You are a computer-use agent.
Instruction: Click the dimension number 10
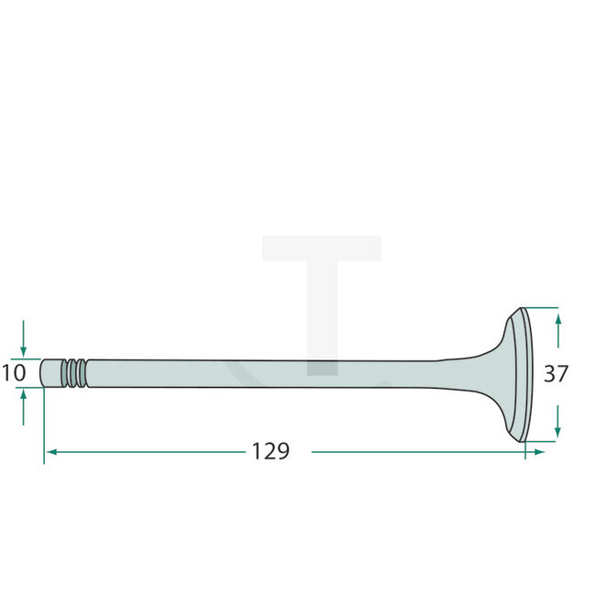tap(13, 373)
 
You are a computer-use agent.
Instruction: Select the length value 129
tap(270, 451)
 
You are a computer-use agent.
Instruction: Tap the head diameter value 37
tap(556, 374)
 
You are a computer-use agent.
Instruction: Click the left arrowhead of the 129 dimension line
tap(50, 452)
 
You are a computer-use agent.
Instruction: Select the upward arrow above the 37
tap(558, 318)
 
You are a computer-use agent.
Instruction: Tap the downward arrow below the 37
tap(558, 429)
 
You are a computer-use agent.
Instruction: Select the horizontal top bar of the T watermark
tap(322, 247)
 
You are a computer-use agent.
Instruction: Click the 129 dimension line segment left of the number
tap(147, 452)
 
